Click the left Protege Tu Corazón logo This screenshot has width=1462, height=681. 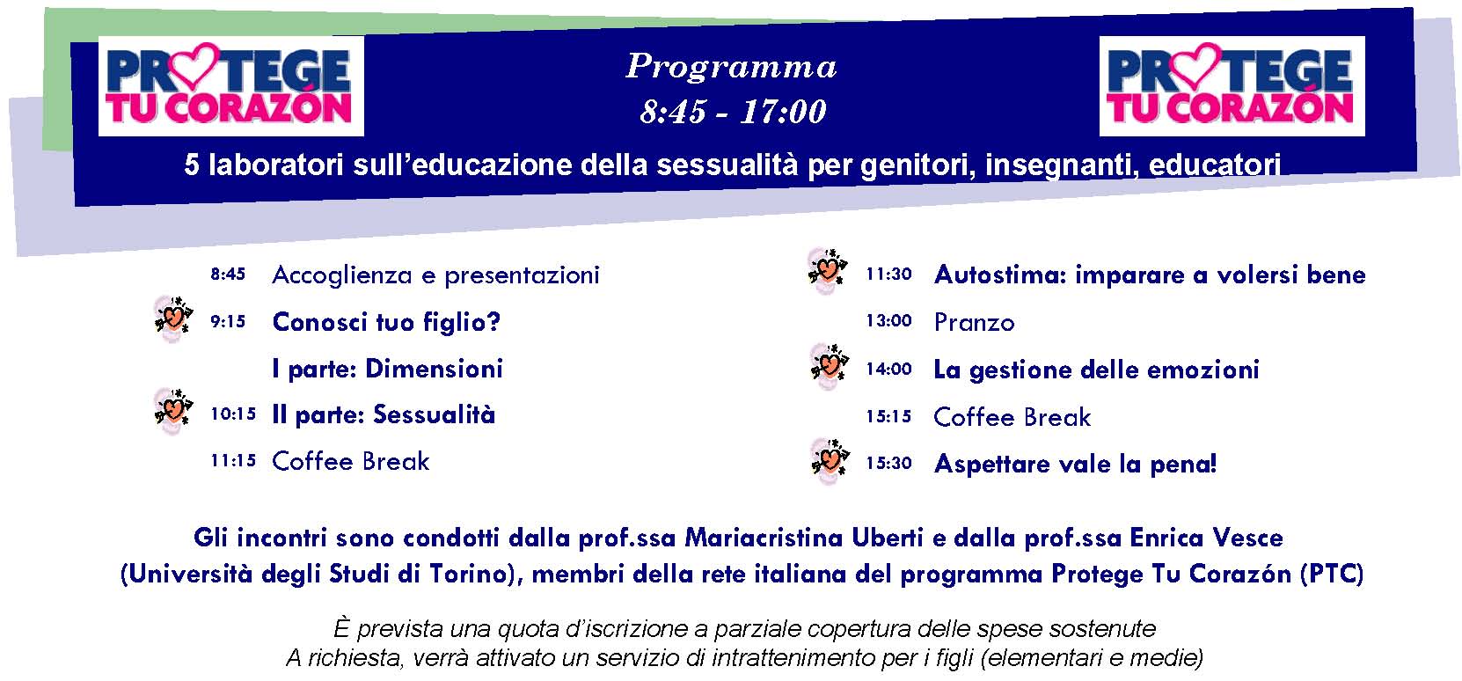(x=231, y=86)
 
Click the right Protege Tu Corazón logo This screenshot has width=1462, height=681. (x=1232, y=86)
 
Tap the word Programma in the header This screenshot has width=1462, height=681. (x=732, y=67)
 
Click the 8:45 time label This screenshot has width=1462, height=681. (x=228, y=275)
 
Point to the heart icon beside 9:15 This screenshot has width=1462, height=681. (x=173, y=319)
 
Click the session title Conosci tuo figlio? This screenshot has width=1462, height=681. (x=386, y=322)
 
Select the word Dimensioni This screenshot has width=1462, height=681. (x=434, y=369)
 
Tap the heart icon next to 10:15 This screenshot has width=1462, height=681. (x=173, y=412)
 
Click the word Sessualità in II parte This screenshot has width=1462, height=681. (x=434, y=414)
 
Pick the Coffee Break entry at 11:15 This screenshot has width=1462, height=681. (x=350, y=462)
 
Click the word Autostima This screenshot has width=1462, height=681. (x=999, y=275)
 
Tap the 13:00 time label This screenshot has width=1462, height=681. (x=889, y=320)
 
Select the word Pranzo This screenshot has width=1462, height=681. (x=975, y=323)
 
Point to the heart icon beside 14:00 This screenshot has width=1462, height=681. (x=829, y=367)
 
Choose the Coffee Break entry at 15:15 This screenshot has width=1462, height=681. (x=1012, y=417)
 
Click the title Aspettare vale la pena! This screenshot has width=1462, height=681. (x=1076, y=465)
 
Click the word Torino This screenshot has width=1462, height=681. (x=469, y=574)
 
